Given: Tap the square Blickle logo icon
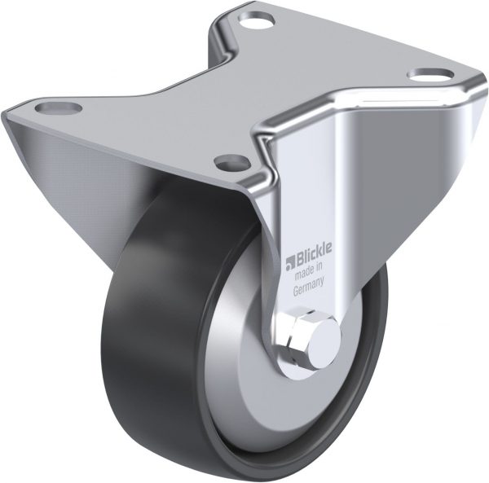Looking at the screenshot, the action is coord(290,263).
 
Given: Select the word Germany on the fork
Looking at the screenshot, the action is coord(308,286).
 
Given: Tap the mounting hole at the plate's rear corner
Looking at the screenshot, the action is coord(257,19).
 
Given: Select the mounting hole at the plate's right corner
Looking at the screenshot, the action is coord(431,75).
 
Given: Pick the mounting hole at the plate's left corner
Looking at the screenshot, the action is coord(59,108).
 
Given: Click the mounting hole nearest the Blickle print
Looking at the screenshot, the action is coord(232,161).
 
